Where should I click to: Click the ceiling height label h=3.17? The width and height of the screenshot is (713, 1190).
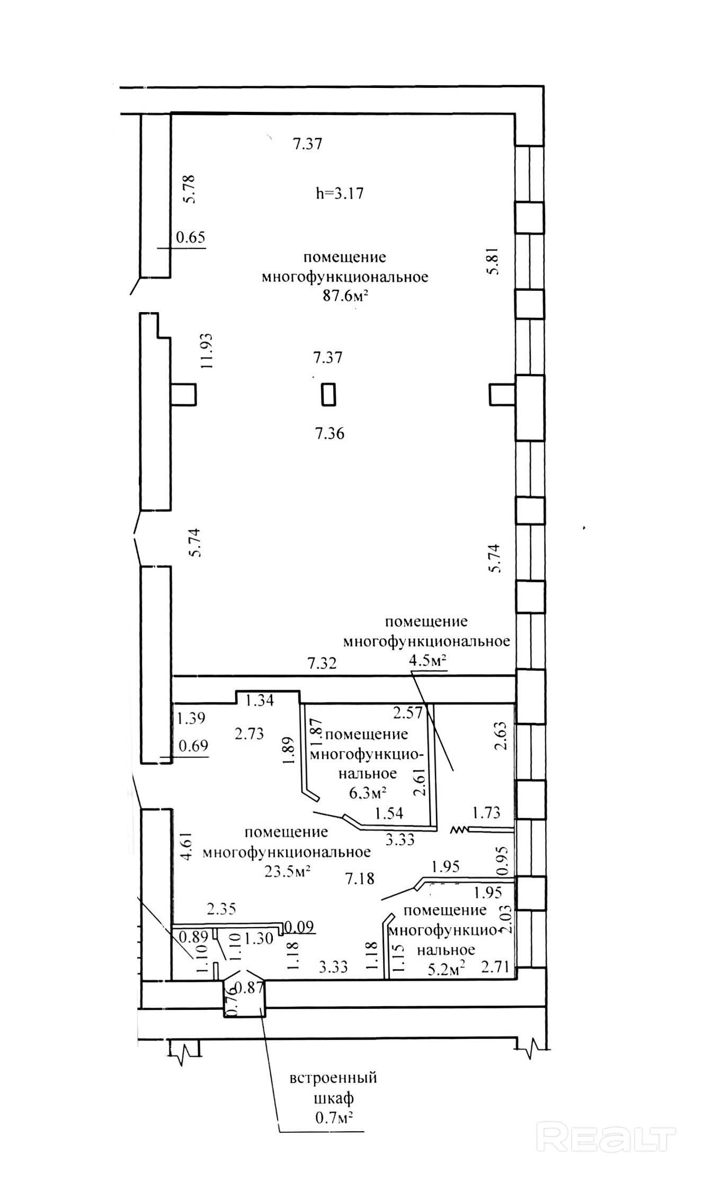340,193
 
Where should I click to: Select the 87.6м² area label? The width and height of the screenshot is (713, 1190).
345,296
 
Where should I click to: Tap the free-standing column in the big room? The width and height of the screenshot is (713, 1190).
328,395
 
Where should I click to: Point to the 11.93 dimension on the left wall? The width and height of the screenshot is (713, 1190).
206,351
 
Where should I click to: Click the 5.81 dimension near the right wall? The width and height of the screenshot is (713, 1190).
494,262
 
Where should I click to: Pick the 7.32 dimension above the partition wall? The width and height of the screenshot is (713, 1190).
322,663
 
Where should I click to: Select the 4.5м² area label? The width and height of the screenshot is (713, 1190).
427,661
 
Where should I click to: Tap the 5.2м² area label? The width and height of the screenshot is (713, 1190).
446,969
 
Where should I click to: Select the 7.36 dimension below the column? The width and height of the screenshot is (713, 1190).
329,434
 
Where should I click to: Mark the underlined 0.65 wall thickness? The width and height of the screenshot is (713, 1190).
190,237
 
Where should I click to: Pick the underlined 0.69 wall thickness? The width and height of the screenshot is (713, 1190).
193,746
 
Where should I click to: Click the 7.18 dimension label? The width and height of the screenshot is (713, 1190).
360,879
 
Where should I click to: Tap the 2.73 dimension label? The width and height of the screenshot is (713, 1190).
249,734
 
